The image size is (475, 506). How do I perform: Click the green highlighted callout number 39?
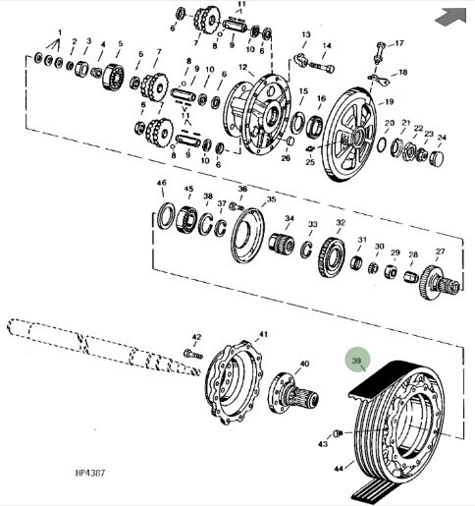tap(356, 361)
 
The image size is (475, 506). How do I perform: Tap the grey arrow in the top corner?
tap(451, 17)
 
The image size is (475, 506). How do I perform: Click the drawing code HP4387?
tap(90, 473)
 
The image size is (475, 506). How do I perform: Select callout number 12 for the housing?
tap(242, 67)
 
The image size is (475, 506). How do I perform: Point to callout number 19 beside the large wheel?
tap(389, 102)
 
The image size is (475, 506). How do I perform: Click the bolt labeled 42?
tap(193, 354)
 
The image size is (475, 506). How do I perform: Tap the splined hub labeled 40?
tap(291, 394)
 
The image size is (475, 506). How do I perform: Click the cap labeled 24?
tap(437, 158)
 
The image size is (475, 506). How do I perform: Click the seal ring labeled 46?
tap(166, 215)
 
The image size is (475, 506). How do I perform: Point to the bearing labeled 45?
tap(186, 220)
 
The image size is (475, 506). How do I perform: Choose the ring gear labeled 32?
tap(332, 257)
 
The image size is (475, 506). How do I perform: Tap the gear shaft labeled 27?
tap(440, 282)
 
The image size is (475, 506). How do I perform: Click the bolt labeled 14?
tap(322, 67)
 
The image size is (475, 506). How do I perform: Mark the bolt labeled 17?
tap(379, 52)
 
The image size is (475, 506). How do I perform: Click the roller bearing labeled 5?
tap(114, 77)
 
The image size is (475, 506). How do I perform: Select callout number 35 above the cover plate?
tap(271, 199)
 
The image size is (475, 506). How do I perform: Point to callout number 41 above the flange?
tap(263, 334)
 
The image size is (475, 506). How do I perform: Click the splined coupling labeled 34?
tap(282, 244)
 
